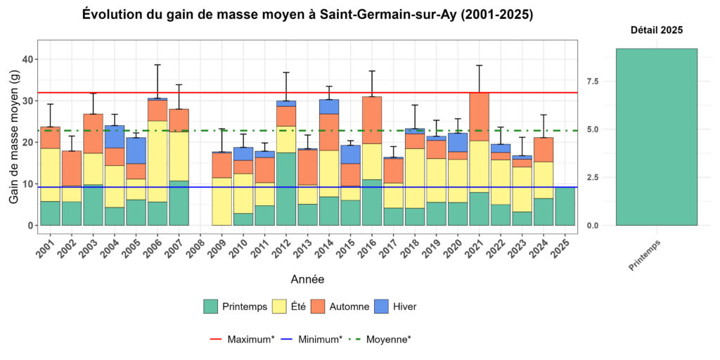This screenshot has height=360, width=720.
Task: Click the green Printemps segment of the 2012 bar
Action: coord(285,188)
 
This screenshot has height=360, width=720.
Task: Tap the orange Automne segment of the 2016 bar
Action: coord(372,120)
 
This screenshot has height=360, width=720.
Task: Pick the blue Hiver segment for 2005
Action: coord(136,150)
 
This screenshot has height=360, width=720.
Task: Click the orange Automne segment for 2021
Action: coord(479,117)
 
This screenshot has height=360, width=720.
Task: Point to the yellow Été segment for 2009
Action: coord(221,200)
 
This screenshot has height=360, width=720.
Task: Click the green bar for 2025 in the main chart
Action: coord(565,206)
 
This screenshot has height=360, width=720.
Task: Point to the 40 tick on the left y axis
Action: coord(27,60)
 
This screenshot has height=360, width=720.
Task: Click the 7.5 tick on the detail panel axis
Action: coord(592,82)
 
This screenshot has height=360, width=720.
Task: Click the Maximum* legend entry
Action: coord(243,340)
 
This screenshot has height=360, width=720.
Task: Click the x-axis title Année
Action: coord(307,279)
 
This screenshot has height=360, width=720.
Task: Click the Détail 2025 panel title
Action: coord(656,30)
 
